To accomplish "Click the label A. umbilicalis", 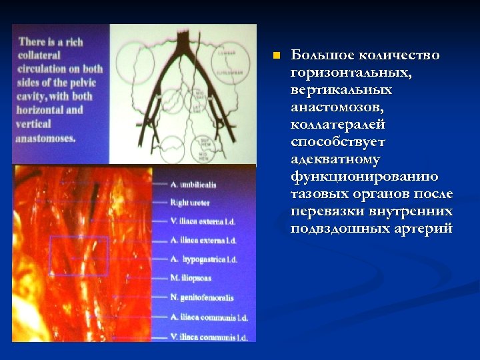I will pos(193,184).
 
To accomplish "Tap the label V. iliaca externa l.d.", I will pos(203,221).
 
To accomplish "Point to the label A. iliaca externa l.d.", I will pos(203,240).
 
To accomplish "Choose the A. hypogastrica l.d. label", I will pos(203,259).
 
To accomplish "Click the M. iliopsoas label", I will pos(191,277).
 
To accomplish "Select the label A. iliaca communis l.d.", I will pos(207,317).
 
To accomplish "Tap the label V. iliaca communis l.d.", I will pos(208,337).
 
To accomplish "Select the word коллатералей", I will pos(338,124).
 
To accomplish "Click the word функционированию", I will pos(365,177).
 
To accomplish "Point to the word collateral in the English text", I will pos(40,55).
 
